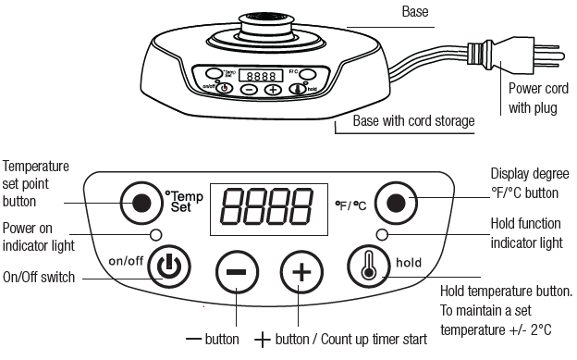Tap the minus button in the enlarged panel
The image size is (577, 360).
(236, 272)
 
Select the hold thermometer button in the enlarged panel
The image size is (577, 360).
(367, 266)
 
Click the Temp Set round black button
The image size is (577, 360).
(141, 203)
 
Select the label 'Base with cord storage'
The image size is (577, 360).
(413, 121)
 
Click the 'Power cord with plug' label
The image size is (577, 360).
(534, 97)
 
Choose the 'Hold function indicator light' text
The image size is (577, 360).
(524, 235)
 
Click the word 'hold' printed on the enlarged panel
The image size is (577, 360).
(409, 263)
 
